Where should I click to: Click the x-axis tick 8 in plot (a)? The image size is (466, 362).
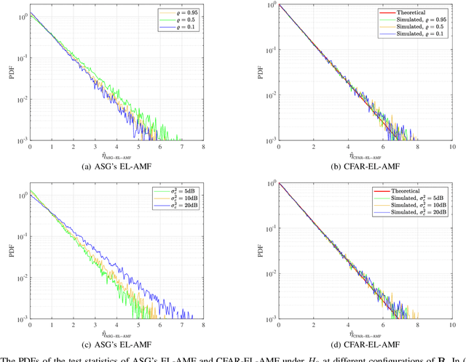[x=202, y=146]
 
